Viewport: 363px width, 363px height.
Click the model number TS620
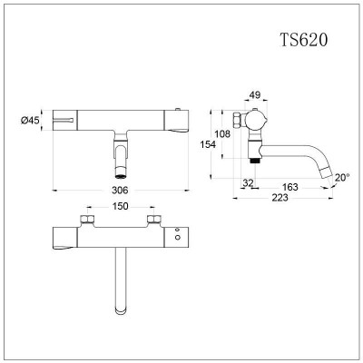click(x=304, y=39)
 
